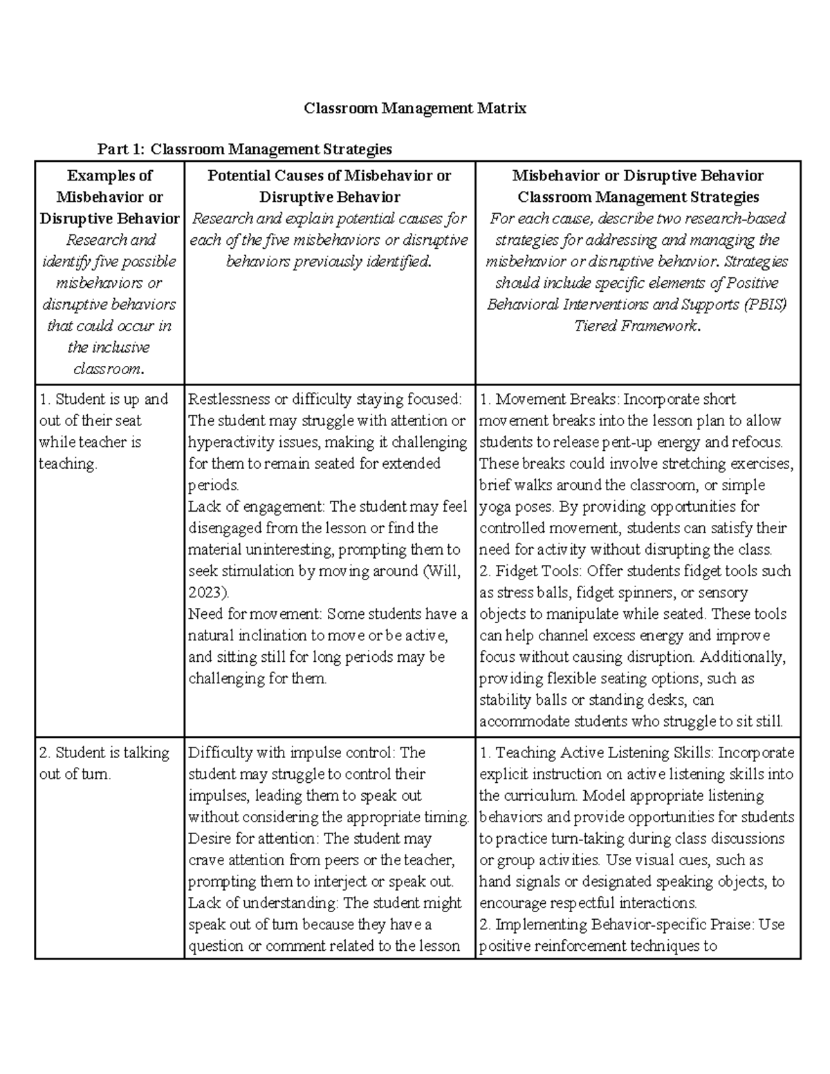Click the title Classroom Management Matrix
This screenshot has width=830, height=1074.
(x=415, y=109)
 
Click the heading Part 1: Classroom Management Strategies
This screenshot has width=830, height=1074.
(x=245, y=149)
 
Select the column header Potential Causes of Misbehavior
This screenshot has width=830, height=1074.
(x=329, y=186)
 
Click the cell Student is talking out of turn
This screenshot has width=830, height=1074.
(x=104, y=763)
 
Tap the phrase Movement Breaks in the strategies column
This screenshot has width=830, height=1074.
(x=557, y=399)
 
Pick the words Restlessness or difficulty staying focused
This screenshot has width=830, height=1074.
(x=324, y=399)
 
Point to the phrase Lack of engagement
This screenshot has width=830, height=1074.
(x=255, y=507)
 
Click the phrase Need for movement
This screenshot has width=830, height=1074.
(x=254, y=614)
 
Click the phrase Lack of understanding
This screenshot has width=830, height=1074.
(x=262, y=903)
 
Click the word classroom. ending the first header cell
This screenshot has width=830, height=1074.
(x=109, y=369)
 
